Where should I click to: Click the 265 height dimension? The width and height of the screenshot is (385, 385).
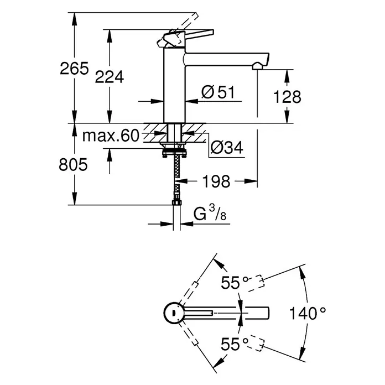pyautogui.click(x=74, y=69)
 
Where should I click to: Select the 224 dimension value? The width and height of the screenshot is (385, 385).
pyautogui.click(x=110, y=77)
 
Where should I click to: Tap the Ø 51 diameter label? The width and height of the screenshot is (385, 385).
pyautogui.click(x=218, y=92)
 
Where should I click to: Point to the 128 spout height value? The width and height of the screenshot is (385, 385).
pyautogui.click(x=287, y=97)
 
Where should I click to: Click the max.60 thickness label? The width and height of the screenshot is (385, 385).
pyautogui.click(x=111, y=136)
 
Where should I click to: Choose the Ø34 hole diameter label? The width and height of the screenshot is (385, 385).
pyautogui.click(x=227, y=147)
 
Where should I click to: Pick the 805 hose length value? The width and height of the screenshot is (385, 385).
pyautogui.click(x=73, y=164)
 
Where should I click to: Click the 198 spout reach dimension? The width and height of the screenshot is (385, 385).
pyautogui.click(x=216, y=181)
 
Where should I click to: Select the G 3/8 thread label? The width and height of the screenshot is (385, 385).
pyautogui.click(x=210, y=214)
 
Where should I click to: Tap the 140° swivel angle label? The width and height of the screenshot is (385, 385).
pyautogui.click(x=308, y=313)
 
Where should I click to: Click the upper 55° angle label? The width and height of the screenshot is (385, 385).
pyautogui.click(x=235, y=282)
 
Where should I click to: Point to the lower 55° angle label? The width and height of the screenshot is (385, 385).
pyautogui.click(x=235, y=344)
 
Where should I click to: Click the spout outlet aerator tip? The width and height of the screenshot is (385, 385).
pyautogui.click(x=257, y=66)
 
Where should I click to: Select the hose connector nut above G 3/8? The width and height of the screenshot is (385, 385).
pyautogui.click(x=176, y=202)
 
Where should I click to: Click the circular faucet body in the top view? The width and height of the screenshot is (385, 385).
pyautogui.click(x=174, y=313)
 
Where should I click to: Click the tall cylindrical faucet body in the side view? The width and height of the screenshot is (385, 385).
pyautogui.click(x=174, y=85)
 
